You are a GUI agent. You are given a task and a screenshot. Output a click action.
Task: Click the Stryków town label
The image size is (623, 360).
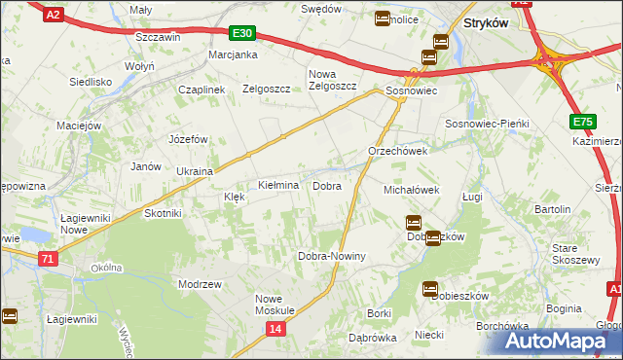tap(487, 21)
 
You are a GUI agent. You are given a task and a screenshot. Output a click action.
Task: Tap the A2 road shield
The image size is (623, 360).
tap(55, 14)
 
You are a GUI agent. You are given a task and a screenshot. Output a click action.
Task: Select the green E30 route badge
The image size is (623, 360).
tap(243, 33)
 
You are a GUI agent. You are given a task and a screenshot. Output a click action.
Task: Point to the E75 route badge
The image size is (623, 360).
tap(582, 122)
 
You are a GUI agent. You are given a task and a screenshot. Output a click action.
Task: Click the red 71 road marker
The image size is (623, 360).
tap(49, 258)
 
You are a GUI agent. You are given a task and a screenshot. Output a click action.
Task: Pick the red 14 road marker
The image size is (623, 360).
tap(276, 330)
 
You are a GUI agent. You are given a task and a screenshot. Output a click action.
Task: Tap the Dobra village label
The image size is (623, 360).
tap(326, 185)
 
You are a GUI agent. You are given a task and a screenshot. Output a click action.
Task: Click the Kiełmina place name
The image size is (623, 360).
tap(277, 185)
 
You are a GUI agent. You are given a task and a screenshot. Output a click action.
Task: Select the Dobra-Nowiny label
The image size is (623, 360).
tap(331, 256)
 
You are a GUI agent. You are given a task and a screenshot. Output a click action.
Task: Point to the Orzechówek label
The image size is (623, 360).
tap(398, 152)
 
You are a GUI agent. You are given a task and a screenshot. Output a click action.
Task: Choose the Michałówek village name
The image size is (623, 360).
tap(413, 190)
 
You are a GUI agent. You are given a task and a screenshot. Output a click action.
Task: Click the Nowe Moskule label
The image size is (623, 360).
tap(275, 305)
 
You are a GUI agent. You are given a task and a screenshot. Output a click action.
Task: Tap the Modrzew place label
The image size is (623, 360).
tap(201, 283)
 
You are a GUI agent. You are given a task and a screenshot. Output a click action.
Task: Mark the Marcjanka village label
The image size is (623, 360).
tap(233, 54)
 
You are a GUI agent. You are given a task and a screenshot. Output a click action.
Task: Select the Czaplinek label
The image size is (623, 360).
tap(202, 89)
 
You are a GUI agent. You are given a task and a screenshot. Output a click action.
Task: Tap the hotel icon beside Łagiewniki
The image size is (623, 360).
tap(10, 315)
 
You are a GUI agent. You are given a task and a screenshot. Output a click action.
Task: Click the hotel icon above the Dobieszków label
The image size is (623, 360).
tap(413, 223)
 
